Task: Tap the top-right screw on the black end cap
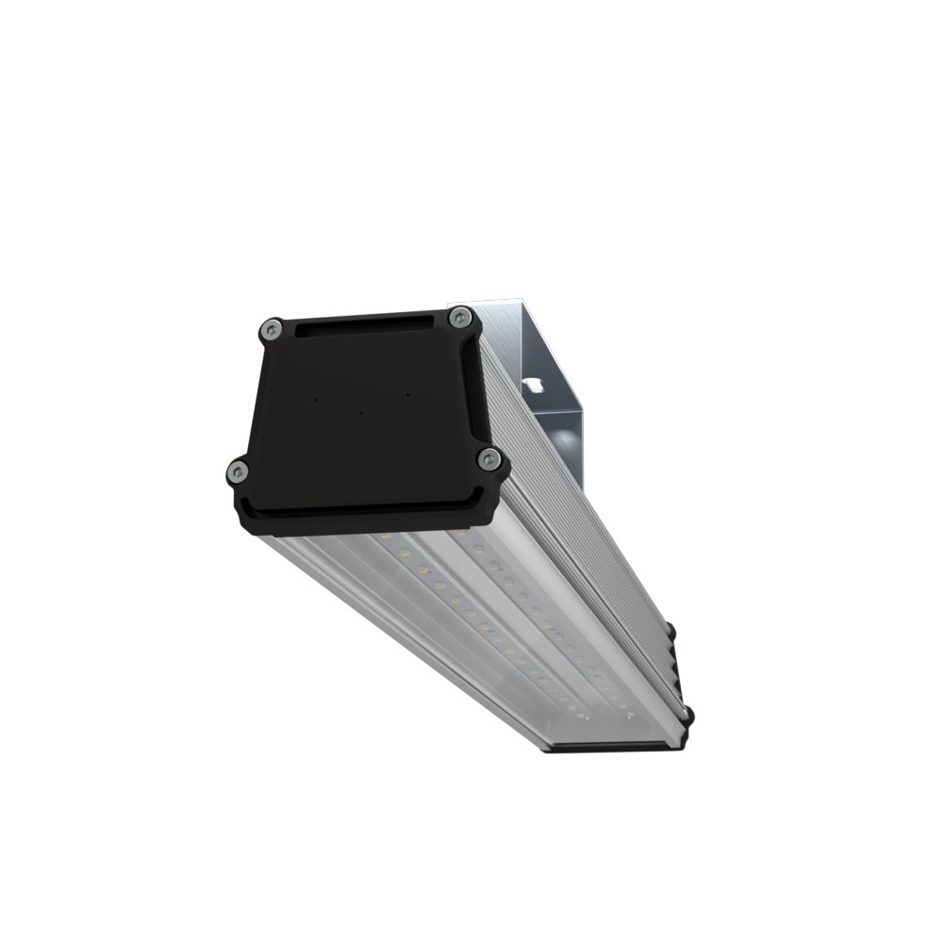click(x=459, y=317)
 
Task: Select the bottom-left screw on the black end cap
click(x=237, y=471)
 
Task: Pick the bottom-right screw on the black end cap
click(x=488, y=459)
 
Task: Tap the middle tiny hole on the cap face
click(x=361, y=412)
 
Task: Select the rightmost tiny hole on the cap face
click(x=406, y=393)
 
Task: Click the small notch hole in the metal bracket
click(x=534, y=384)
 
